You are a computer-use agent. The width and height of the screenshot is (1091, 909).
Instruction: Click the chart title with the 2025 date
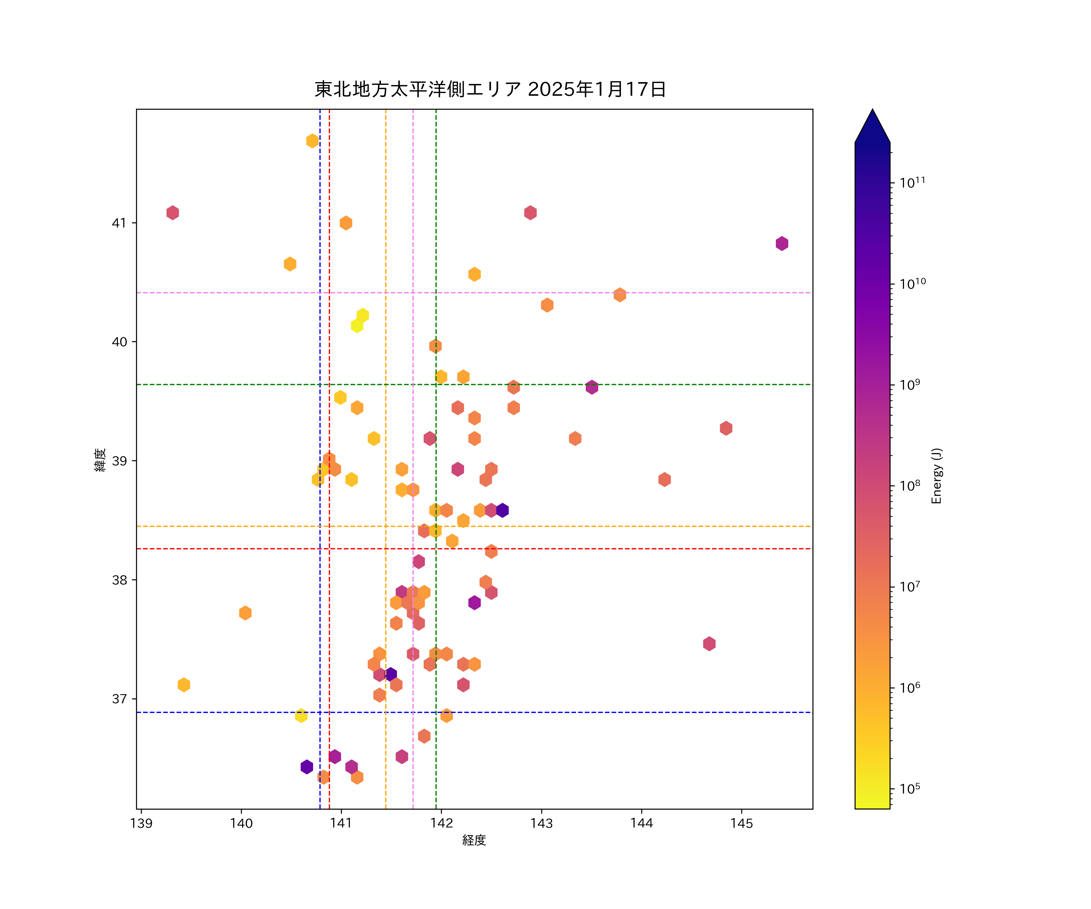[x=490, y=89]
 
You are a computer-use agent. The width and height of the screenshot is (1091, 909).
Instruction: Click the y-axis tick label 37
[x=119, y=699]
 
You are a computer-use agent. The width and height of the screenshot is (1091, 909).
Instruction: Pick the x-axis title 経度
[x=474, y=841]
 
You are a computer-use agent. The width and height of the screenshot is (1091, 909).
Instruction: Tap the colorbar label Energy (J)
[x=936, y=476]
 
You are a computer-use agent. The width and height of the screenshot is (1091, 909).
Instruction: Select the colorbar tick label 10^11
[x=912, y=182]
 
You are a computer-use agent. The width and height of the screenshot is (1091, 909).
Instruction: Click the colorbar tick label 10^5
[x=910, y=788]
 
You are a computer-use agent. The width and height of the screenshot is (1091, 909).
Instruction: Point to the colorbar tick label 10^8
[x=910, y=485]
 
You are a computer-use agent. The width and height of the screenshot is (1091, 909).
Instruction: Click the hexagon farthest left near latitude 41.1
[x=172, y=212]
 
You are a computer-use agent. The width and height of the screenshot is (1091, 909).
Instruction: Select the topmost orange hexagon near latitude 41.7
[x=312, y=141]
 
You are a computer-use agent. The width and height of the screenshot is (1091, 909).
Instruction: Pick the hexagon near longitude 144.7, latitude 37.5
[x=709, y=644]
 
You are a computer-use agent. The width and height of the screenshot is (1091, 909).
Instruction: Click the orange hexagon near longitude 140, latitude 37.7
[x=245, y=613]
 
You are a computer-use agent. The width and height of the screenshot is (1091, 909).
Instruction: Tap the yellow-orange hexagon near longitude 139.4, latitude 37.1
[x=183, y=684]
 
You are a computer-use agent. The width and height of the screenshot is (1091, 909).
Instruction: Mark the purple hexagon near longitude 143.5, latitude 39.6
[x=592, y=387]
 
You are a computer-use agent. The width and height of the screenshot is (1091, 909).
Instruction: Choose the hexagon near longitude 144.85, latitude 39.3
[x=726, y=428]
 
